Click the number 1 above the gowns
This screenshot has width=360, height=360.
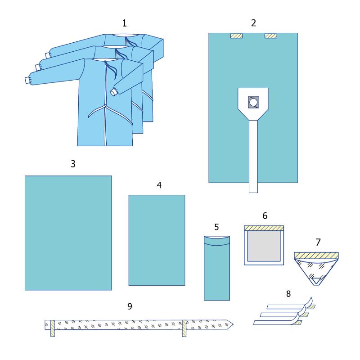tap(124, 23)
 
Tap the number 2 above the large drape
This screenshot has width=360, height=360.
tap(253, 23)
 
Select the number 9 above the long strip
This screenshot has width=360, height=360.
tap(130, 306)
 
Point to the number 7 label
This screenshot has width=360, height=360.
tap(318, 242)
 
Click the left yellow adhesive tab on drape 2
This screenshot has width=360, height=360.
tap(237, 36)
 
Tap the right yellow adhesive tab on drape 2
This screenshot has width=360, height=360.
tap(271, 36)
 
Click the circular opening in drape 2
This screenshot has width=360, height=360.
tap(253, 102)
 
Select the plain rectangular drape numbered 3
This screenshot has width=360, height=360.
tap(68, 233)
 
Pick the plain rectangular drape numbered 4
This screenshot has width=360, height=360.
tap(157, 240)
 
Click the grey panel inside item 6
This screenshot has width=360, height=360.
tap(264, 246)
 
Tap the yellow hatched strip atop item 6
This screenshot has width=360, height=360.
tap(264, 228)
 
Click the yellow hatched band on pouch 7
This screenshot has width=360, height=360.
tap(316, 255)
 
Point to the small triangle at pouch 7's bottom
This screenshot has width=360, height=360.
tap(316, 280)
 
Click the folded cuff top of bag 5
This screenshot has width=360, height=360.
tap(217, 241)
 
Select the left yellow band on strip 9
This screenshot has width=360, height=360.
tap(53, 328)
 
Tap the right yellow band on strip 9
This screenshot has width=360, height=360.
tap(184, 328)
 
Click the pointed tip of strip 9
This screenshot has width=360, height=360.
tap(233, 324)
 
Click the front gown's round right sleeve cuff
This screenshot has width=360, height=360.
tap(113, 92)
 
